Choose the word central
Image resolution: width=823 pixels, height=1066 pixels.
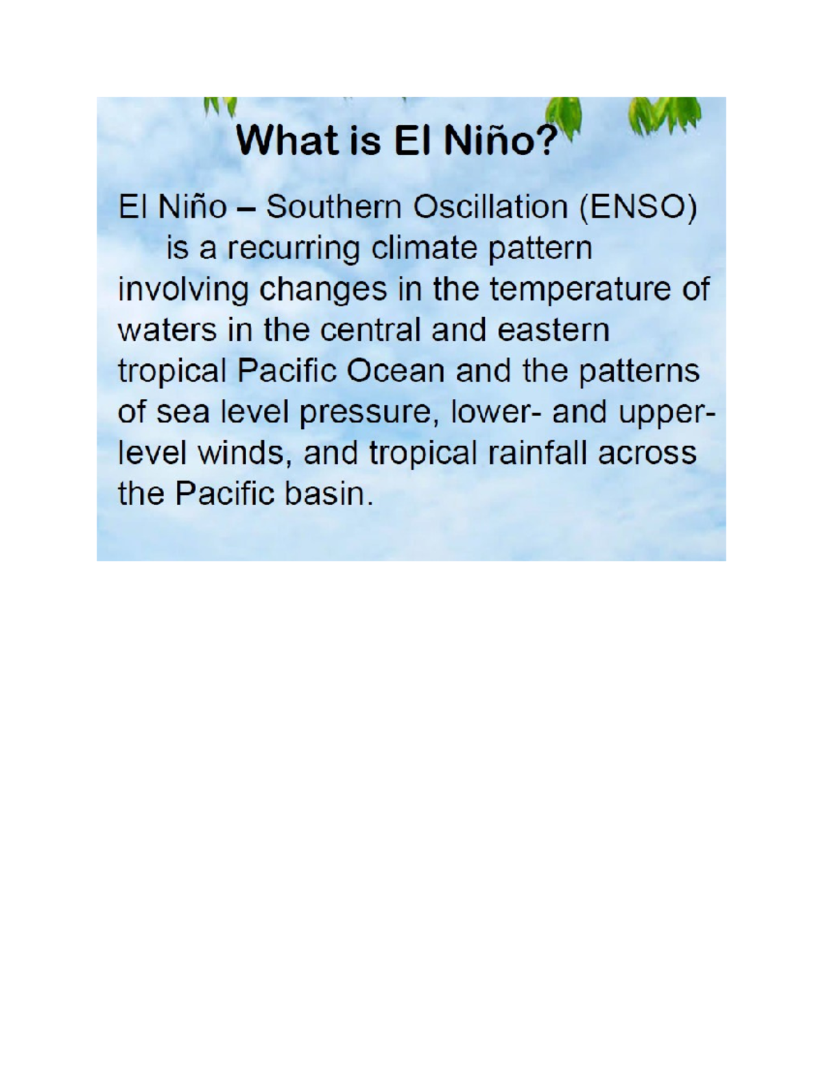(x=370, y=331)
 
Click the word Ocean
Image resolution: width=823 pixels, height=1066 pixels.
(x=396, y=371)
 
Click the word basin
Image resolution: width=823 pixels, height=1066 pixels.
(x=329, y=494)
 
